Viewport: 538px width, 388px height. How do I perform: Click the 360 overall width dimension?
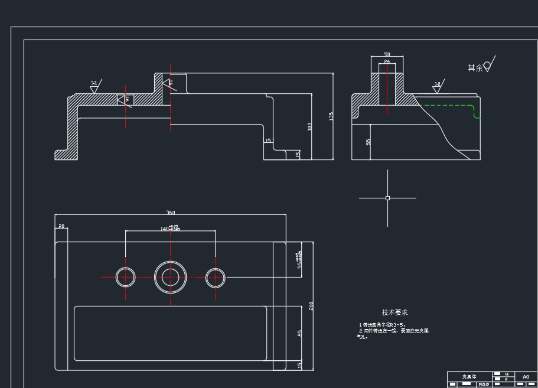(x=171, y=213)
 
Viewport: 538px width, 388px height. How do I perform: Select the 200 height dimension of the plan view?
(x=311, y=305)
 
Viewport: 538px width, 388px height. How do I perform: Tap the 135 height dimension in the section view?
(x=331, y=116)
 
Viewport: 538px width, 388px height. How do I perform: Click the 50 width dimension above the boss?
(x=387, y=55)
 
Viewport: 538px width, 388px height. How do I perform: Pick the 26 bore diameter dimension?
(x=387, y=61)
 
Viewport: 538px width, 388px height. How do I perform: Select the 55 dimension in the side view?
(x=369, y=142)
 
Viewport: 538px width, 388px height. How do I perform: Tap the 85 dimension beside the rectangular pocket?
(x=300, y=334)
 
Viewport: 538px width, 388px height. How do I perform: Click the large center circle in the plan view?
(x=171, y=276)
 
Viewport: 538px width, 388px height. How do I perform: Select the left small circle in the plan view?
(x=126, y=277)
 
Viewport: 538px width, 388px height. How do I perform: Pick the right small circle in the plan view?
(x=216, y=277)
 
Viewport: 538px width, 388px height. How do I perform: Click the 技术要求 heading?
(x=394, y=312)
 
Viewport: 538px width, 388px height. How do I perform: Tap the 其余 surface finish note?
(x=475, y=68)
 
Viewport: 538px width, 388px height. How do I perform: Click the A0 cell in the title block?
(x=526, y=377)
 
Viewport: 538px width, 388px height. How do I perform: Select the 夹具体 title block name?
(x=469, y=377)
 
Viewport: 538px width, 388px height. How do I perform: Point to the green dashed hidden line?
(x=449, y=105)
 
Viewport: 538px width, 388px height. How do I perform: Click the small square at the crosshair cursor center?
(x=387, y=198)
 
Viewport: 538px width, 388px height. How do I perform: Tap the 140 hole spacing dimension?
(x=170, y=229)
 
